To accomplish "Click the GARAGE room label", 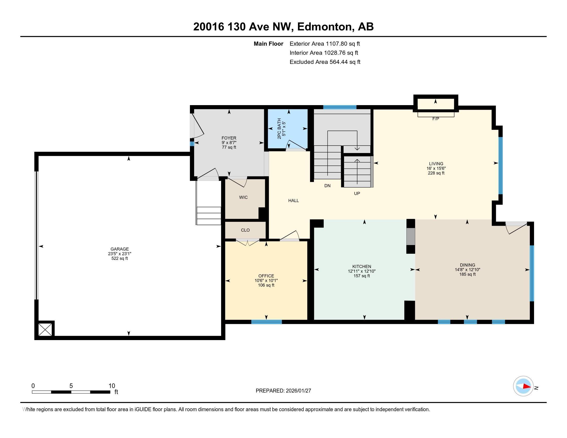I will point(119,249).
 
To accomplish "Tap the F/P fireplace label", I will point(436,119).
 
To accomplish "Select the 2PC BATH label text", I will point(279,129).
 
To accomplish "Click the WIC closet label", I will point(243,197).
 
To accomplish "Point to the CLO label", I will point(245,230).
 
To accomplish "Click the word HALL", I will point(293,200).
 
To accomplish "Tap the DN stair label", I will point(327,186).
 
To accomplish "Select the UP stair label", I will point(357,193).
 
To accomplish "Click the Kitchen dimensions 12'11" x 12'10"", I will point(362,271).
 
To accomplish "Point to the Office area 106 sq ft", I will point(266,285).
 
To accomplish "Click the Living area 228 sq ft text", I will point(436,173).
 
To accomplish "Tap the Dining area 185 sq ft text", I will point(467,274).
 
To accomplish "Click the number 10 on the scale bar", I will point(112,386).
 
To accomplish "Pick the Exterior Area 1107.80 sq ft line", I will point(324,44).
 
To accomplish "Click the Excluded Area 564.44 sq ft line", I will point(325,62).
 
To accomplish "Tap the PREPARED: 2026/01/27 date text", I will point(283,391).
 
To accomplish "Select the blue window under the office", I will point(266,322).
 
